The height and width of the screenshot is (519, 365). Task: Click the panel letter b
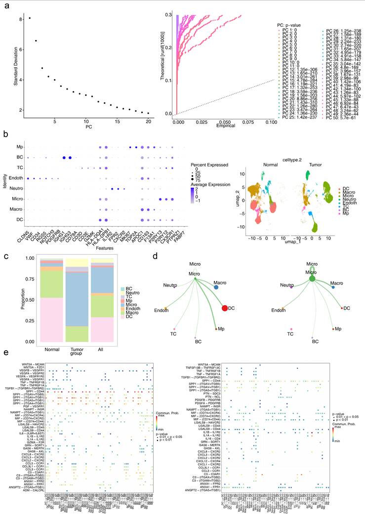[x=6, y=134]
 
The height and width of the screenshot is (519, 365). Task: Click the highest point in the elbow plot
[x=30, y=18]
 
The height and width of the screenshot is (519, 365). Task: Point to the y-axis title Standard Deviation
[x=16, y=64]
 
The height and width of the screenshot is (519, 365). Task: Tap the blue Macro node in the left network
[x=216, y=286]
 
